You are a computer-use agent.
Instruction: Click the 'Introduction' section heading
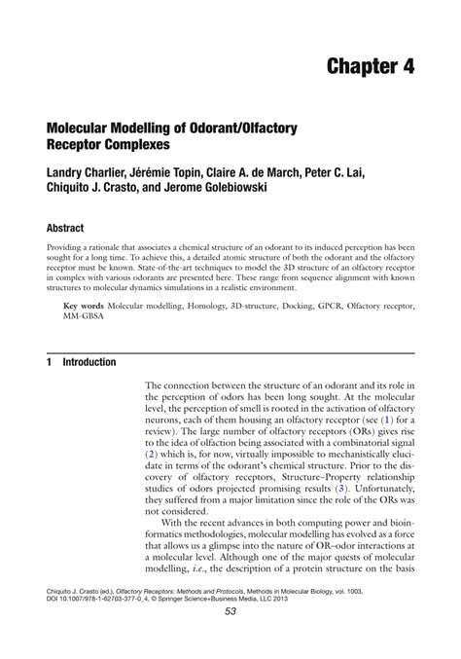[x=89, y=361]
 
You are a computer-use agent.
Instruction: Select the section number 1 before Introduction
[x=49, y=361]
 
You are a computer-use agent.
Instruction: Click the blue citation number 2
[x=151, y=453]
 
